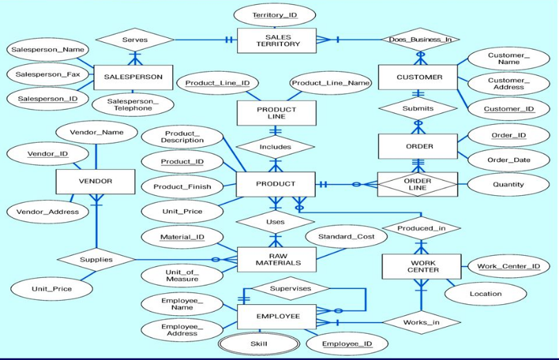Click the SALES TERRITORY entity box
[276, 40]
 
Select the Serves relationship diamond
[134, 40]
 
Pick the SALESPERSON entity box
[133, 77]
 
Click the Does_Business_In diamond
[420, 40]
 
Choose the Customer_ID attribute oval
[509, 109]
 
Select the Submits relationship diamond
[418, 108]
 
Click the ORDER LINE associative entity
[417, 185]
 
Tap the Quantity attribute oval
[508, 185]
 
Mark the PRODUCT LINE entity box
[276, 113]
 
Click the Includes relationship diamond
[275, 147]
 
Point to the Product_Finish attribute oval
[182, 186]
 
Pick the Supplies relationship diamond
[96, 260]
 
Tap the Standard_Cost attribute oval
[347, 237]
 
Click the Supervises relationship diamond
[290, 288]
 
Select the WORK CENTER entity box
[422, 266]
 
